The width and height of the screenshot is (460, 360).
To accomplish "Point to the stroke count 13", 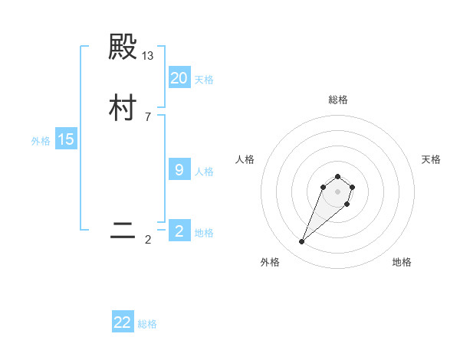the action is click(148, 56).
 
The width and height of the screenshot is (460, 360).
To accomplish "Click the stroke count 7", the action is click(148, 116).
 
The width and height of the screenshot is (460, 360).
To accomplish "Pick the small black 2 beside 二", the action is click(148, 240).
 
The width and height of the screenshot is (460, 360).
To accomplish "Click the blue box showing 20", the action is click(179, 78).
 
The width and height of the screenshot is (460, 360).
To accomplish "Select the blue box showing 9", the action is click(179, 170).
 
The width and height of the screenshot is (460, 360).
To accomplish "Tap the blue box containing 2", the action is click(179, 231).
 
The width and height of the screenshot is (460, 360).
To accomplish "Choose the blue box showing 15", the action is click(66, 139).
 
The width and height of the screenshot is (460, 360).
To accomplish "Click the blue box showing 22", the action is click(123, 322).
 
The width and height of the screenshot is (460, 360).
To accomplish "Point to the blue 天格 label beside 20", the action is click(204, 80).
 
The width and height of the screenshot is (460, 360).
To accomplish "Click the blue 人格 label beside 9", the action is click(204, 172).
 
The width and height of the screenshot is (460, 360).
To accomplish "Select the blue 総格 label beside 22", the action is click(147, 324).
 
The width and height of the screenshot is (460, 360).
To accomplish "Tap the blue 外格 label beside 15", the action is click(41, 141).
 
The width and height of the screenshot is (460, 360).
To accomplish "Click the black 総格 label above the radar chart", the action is click(337, 100).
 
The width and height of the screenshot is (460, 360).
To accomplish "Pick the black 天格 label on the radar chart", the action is click(431, 159).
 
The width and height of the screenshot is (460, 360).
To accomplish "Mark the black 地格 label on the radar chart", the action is click(402, 262).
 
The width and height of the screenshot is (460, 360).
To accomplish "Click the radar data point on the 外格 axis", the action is click(301, 242).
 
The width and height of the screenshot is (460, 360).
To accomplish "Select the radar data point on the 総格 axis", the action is click(337, 173).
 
